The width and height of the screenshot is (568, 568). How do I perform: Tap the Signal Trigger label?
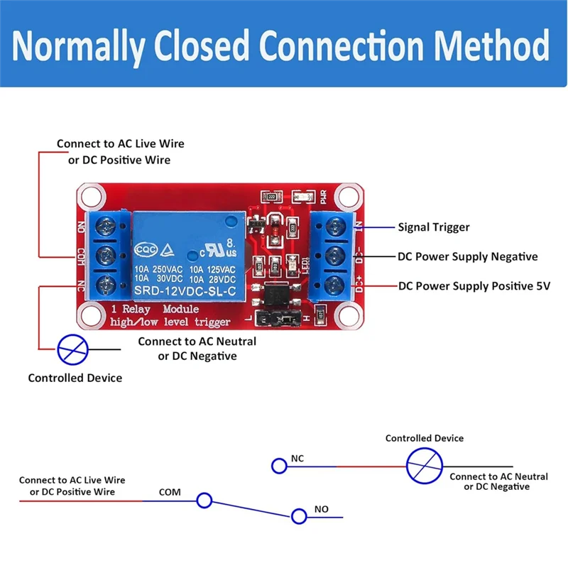point(433,227)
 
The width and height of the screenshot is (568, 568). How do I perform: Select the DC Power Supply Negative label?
point(467,256)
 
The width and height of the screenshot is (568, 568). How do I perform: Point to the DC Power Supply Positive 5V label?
point(474,286)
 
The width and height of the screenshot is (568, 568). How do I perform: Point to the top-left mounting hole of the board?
point(89,195)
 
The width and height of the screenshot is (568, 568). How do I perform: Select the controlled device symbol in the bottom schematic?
point(424,466)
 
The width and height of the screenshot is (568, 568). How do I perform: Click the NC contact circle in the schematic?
point(278,466)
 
